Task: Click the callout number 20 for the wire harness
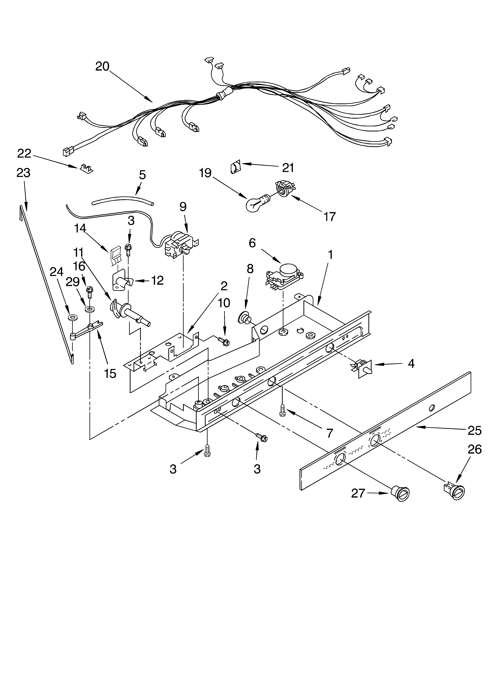click(x=102, y=66)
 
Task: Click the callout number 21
click(x=288, y=168)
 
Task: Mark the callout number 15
click(x=110, y=373)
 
